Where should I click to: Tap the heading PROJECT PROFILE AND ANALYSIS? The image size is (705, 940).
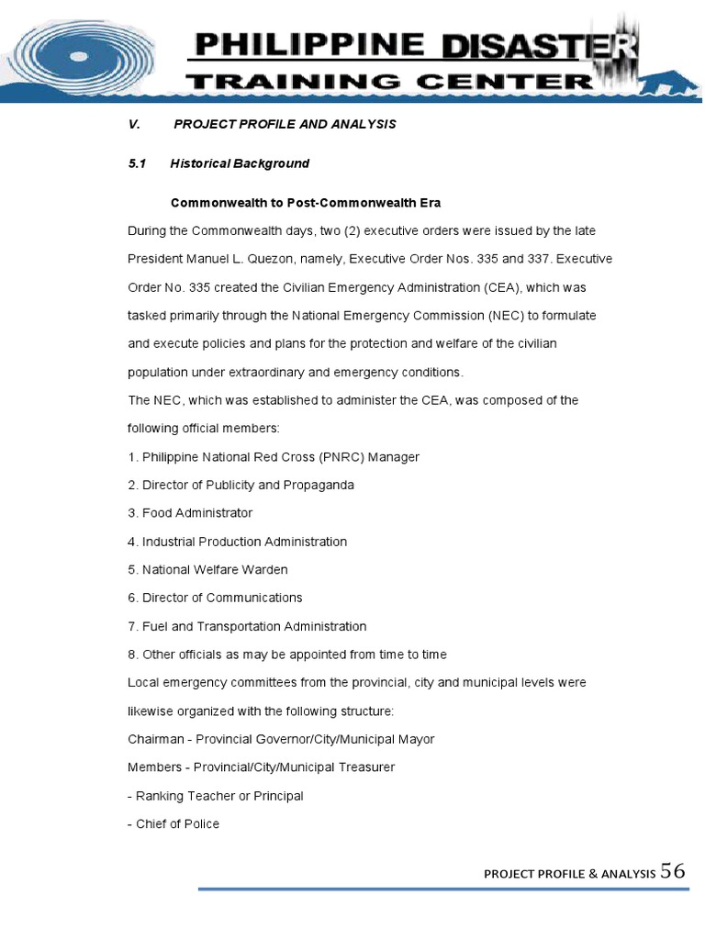pyautogui.click(x=285, y=124)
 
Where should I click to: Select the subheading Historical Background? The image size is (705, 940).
pyautogui.click(x=240, y=163)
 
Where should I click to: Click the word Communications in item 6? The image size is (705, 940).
pyautogui.click(x=254, y=599)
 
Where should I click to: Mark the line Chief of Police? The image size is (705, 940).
pyautogui.click(x=173, y=824)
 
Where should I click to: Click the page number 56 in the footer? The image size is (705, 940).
pyautogui.click(x=673, y=871)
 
